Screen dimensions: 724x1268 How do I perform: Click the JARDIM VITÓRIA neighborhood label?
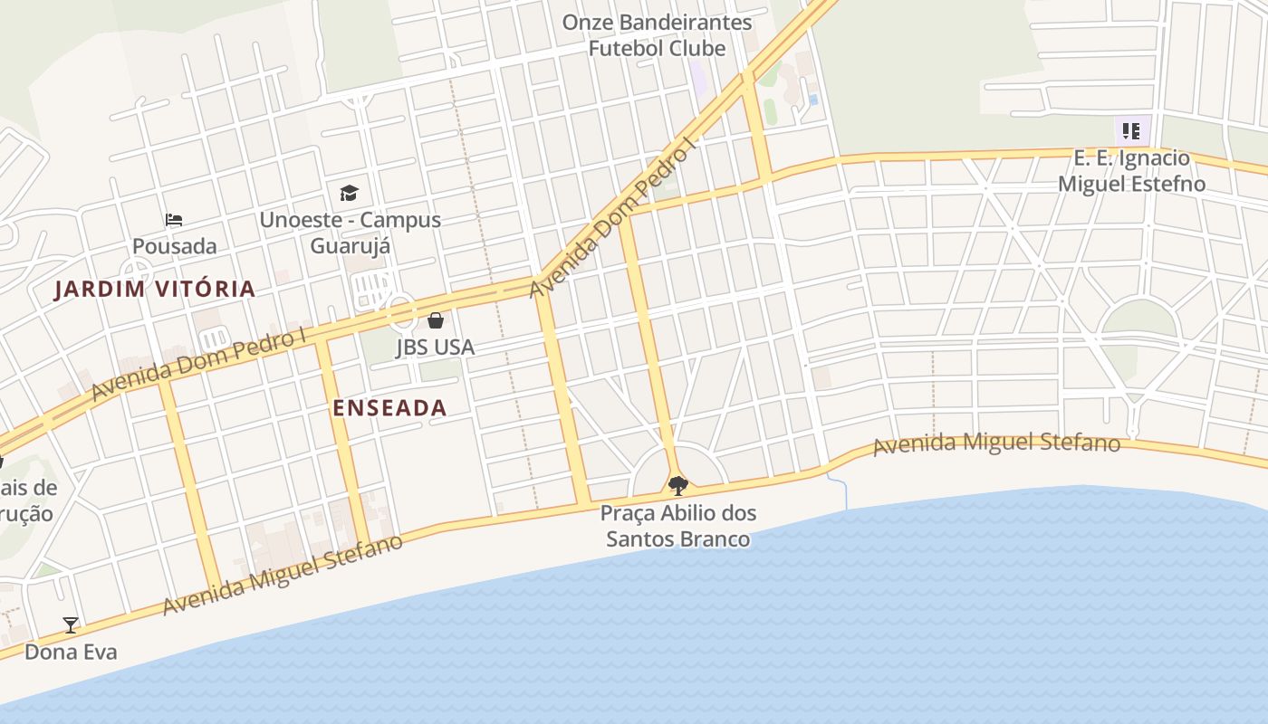[155, 290]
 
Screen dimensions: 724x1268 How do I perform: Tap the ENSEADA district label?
[389, 408]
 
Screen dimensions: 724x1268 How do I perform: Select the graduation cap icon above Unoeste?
[350, 193]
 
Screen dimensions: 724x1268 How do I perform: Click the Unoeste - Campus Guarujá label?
[351, 233]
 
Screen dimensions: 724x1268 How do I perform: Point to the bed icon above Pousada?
[174, 220]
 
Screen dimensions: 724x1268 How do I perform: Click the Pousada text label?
[175, 246]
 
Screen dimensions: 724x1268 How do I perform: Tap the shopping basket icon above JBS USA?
[436, 320]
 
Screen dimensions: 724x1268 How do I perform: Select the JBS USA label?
[435, 347]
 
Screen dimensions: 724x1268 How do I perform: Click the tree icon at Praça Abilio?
[677, 486]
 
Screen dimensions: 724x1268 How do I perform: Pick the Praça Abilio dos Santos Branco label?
[678, 526]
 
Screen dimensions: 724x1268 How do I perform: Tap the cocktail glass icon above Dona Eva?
[71, 624]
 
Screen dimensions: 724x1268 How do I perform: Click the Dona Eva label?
[71, 652]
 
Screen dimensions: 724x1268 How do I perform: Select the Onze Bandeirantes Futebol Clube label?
[657, 35]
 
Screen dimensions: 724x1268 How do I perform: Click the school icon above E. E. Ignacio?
[1130, 131]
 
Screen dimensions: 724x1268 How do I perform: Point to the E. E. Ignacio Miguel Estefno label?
[1131, 171]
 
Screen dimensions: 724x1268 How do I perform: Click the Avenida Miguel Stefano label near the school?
[996, 444]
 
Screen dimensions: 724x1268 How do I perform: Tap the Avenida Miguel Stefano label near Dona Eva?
[283, 576]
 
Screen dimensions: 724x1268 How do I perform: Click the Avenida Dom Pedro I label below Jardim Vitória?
[198, 366]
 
